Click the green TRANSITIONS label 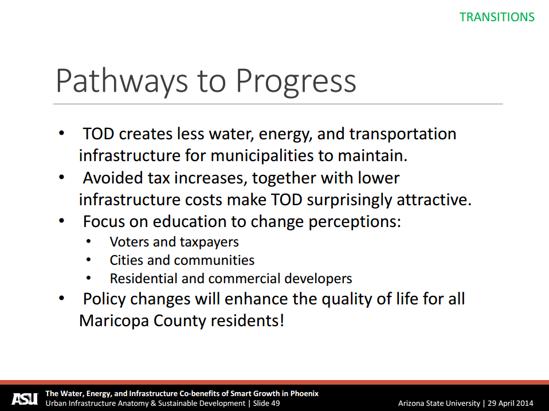(x=497, y=17)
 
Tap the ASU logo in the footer (x=25, y=399)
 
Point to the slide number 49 (x=275, y=404)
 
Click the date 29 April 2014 (x=511, y=404)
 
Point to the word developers (x=318, y=279)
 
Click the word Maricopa (x=114, y=321)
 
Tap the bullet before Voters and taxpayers (x=88, y=241)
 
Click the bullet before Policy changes (x=62, y=298)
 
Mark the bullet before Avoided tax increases (x=62, y=177)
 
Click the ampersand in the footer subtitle (x=153, y=404)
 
